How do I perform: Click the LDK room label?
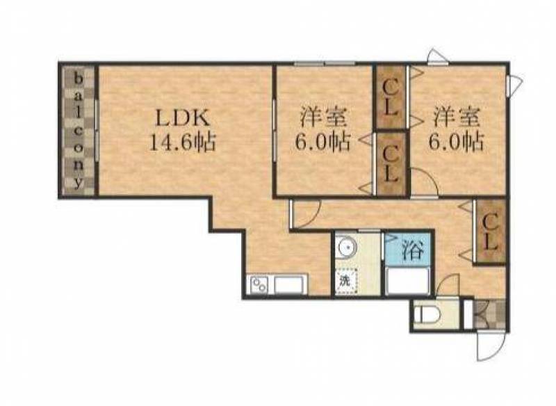183,119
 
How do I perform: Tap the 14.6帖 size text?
183,143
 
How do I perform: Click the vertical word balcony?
79,130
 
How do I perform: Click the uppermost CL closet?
391,97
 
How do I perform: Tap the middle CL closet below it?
391,164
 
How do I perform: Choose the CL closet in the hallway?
490,232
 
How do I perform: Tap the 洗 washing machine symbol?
345,282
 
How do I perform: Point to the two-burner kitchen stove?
259,285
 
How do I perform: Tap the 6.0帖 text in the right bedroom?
457,142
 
